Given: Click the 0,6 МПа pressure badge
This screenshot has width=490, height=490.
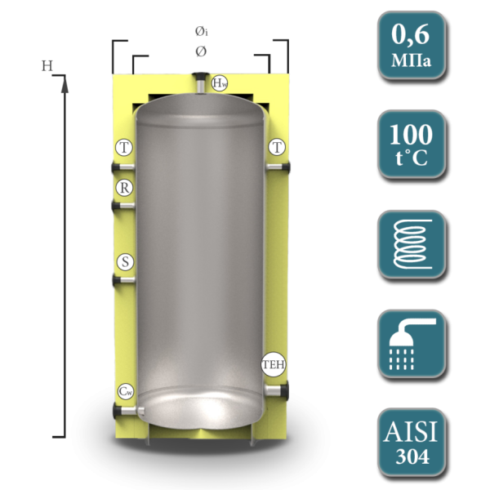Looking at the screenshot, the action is (x=412, y=45).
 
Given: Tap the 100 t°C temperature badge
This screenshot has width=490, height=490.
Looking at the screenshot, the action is (x=412, y=145).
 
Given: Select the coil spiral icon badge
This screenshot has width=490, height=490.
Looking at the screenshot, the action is (x=412, y=244).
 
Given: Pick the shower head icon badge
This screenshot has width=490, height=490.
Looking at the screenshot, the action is (x=412, y=344).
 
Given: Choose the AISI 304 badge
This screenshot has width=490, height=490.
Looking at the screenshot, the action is (x=412, y=443).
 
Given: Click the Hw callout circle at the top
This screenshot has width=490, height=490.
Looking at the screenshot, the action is (x=220, y=83).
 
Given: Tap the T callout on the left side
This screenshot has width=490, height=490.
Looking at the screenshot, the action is (x=124, y=147).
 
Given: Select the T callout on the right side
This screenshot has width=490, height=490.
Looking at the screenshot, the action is (x=277, y=147).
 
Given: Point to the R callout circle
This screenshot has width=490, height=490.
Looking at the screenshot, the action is (x=124, y=188).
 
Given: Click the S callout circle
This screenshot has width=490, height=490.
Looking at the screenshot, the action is (x=125, y=262).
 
